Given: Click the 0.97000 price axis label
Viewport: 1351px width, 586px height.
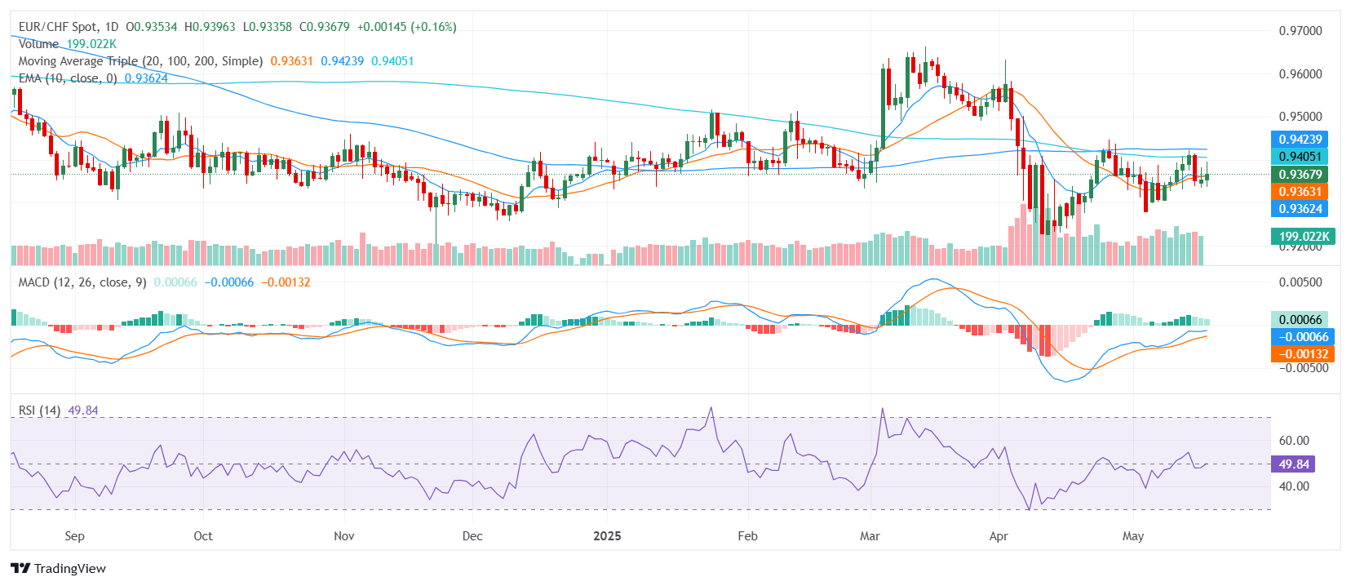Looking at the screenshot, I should click(1300, 31).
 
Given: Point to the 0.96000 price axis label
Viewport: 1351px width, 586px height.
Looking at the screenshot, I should click(1300, 74).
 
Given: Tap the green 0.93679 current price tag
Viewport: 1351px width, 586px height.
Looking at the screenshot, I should click(1300, 174).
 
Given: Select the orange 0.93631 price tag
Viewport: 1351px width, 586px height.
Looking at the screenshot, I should click(1300, 191).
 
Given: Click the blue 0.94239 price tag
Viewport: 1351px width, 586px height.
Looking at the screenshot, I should click(1300, 140).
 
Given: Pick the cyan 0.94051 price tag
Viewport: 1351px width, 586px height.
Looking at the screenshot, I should click(1300, 157).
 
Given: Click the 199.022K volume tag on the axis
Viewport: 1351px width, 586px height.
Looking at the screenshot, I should click(1303, 237).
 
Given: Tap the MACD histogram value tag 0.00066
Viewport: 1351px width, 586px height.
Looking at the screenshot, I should click(1300, 320).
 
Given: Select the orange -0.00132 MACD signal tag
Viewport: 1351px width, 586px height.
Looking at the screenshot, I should click(1303, 354).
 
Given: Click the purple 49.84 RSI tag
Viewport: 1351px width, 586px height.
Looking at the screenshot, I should click(1293, 464).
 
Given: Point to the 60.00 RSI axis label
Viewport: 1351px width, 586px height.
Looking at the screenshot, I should click(1294, 441).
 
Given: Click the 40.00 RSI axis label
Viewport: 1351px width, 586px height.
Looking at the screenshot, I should click(1294, 486).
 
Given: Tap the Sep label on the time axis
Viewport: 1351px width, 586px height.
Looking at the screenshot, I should click(74, 536).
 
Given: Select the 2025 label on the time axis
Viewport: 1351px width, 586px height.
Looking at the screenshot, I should click(607, 536).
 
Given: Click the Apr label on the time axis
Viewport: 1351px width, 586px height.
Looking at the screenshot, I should click(999, 536).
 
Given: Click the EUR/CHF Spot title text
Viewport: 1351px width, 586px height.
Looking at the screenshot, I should click(57, 27).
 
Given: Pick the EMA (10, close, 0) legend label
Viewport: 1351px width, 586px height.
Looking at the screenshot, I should click(68, 78).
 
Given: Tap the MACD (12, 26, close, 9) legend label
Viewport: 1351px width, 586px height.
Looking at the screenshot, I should click(82, 282).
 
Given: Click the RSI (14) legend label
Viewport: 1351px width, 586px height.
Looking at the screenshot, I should click(39, 411).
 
